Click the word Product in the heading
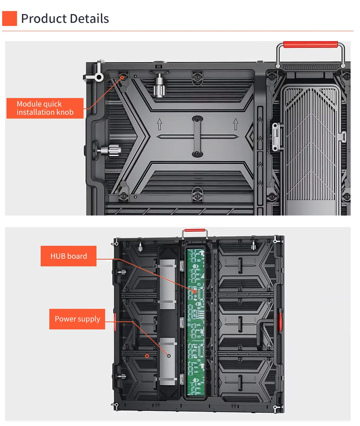click(44, 19)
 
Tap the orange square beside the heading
click(9, 18)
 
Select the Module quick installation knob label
click(45, 108)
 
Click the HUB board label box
click(69, 256)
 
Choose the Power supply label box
click(77, 319)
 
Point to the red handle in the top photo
click(311, 44)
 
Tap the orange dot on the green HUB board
click(195, 292)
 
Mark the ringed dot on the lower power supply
click(169, 356)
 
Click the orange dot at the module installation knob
click(122, 78)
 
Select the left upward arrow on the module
click(159, 124)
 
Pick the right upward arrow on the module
click(235, 124)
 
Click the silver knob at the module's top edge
click(159, 86)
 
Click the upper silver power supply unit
click(167, 284)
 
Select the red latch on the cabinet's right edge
click(280, 322)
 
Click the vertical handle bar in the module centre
click(197, 136)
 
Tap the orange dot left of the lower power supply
click(147, 356)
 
